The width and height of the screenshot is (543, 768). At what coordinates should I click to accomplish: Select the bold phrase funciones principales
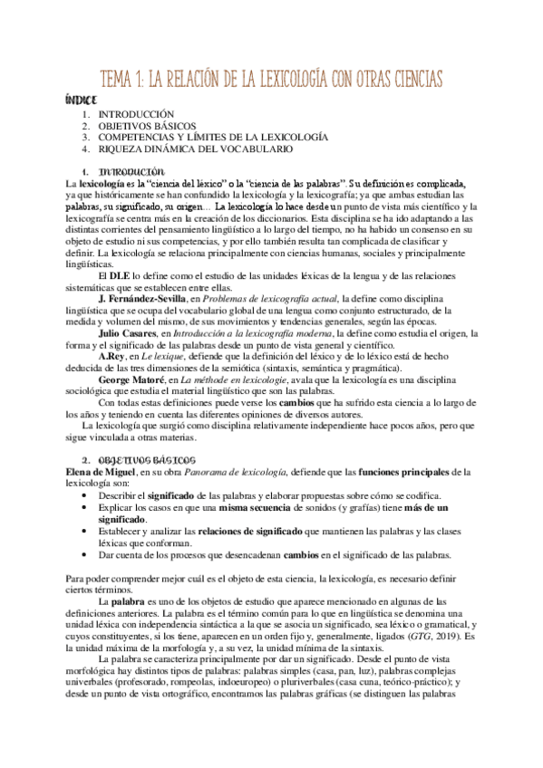[411, 472]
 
